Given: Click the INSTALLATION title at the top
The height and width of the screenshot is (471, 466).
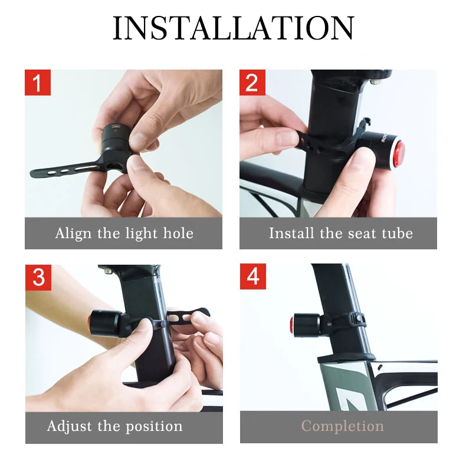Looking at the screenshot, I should [x=233, y=28].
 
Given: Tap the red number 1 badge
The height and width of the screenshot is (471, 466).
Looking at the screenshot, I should [x=38, y=83].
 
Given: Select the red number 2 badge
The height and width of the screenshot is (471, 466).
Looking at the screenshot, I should [x=252, y=83].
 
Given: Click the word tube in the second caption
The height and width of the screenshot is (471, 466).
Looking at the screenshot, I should [x=396, y=233].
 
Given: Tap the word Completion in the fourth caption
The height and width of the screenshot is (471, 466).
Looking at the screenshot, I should [x=342, y=426].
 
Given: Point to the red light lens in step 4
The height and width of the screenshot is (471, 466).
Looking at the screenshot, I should [x=293, y=324].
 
